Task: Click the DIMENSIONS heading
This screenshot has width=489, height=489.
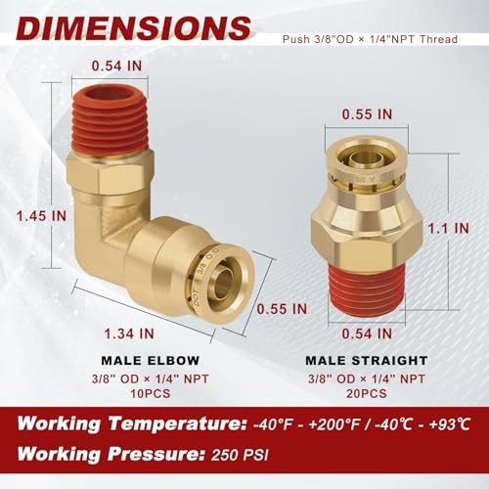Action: tap(135, 28)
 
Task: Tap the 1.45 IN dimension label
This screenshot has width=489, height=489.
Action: tap(42, 216)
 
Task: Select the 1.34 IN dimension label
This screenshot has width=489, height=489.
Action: tap(129, 333)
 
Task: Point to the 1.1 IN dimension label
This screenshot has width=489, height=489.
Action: tap(448, 228)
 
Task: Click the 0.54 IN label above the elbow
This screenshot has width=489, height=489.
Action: tap(116, 66)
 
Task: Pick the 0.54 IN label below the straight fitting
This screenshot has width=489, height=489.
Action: tap(367, 333)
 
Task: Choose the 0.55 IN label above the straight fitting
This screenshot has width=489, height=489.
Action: tap(367, 114)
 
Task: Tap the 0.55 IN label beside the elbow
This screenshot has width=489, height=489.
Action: tap(282, 309)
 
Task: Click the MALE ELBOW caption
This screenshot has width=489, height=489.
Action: tap(151, 361)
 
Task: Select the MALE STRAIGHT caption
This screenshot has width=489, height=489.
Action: tap(367, 361)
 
